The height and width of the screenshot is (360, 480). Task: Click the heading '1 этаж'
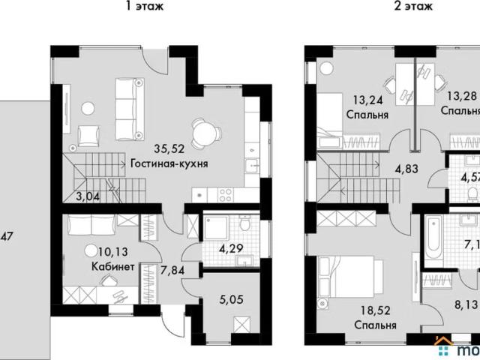click(145, 6)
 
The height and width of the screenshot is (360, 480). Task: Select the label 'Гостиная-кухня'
click(169, 163)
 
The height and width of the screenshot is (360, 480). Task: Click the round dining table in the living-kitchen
click(204, 132)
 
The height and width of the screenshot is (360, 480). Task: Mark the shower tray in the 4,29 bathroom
click(215, 228)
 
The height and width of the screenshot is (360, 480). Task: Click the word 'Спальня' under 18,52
click(376, 325)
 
